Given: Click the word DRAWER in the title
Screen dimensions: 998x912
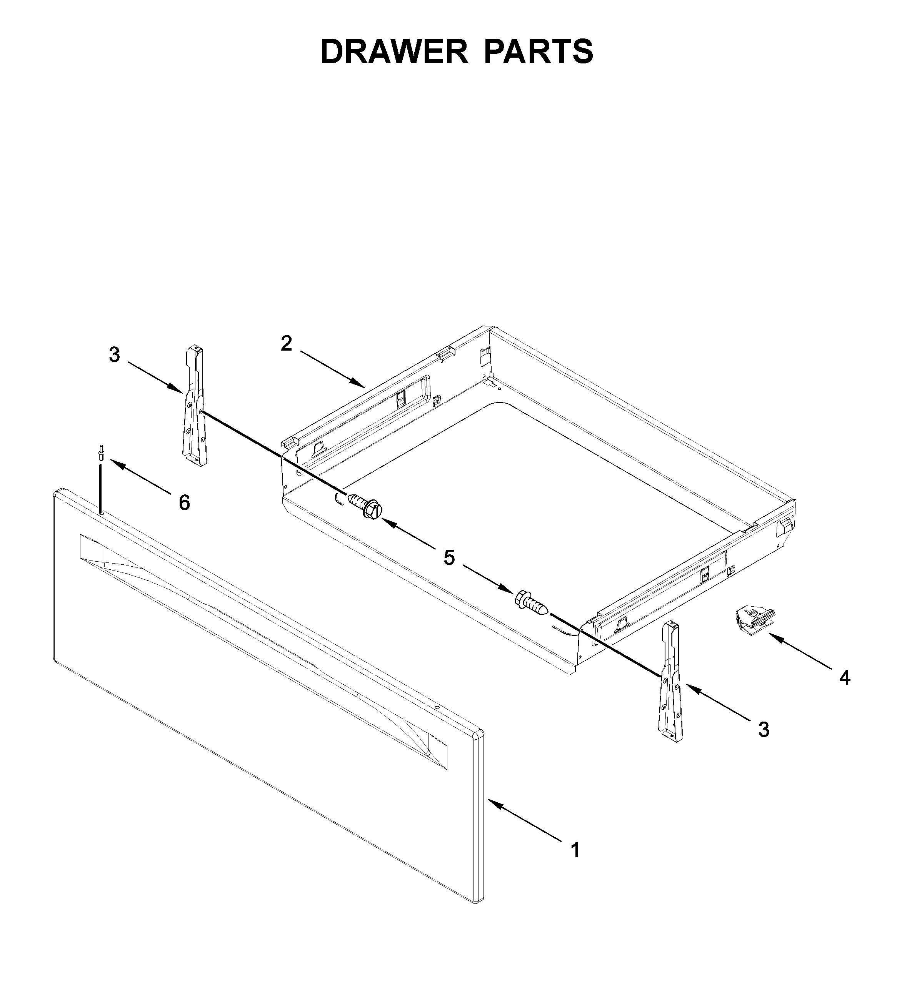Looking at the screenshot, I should coord(394,52).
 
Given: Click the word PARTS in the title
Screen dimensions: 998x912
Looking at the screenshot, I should coord(539,52).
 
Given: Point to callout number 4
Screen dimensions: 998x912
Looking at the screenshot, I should coord(845,678).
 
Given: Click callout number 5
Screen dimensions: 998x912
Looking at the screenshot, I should coord(449,558).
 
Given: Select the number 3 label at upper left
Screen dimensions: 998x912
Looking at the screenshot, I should coord(115,354).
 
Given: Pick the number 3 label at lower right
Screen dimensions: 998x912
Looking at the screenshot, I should coord(764,729).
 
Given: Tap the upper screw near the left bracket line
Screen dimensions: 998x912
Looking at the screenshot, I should coord(365,506).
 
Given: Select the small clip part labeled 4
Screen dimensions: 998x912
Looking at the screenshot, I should coord(752,621).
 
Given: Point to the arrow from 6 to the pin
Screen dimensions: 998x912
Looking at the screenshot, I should coord(140,476).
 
